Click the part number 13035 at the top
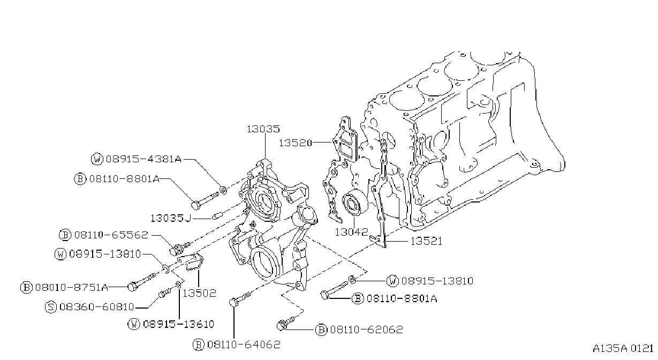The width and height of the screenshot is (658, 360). pyautogui.click(x=263, y=129)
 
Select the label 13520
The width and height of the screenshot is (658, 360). pyautogui.click(x=295, y=143)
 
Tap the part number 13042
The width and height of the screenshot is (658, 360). pyautogui.click(x=351, y=232)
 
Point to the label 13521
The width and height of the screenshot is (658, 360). pyautogui.click(x=426, y=241)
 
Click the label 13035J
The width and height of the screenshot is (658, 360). pyautogui.click(x=171, y=219)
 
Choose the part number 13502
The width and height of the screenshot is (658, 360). pyautogui.click(x=200, y=293)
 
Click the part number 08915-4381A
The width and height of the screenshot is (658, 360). pyautogui.click(x=144, y=159)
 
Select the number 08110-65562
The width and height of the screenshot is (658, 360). pyautogui.click(x=111, y=235)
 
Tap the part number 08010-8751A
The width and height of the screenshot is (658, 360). pyautogui.click(x=72, y=288)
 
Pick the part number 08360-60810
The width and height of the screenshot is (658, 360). pyautogui.click(x=97, y=307)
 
